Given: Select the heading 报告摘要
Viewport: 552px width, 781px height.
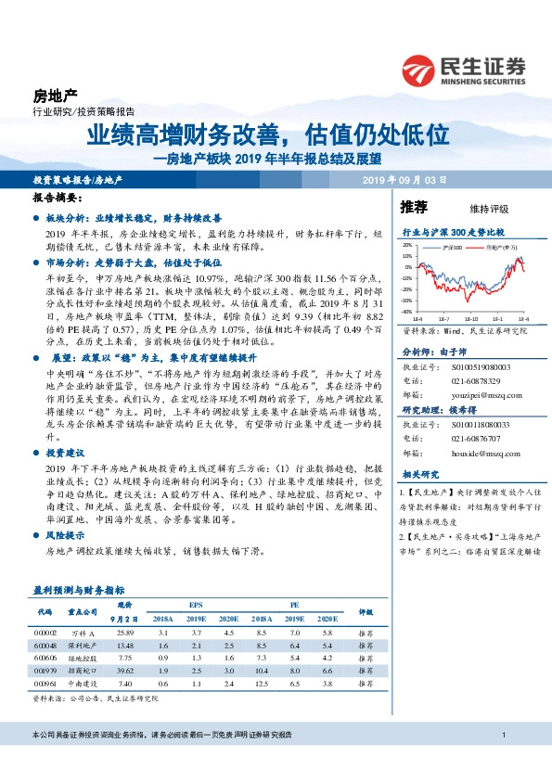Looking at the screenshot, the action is point(54,199).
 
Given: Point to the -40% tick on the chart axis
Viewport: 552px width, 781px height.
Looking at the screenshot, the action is point(407,312).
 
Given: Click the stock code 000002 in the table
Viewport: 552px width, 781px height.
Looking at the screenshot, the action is point(45,633).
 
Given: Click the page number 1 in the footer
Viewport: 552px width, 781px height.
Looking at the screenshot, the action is point(503,762).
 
